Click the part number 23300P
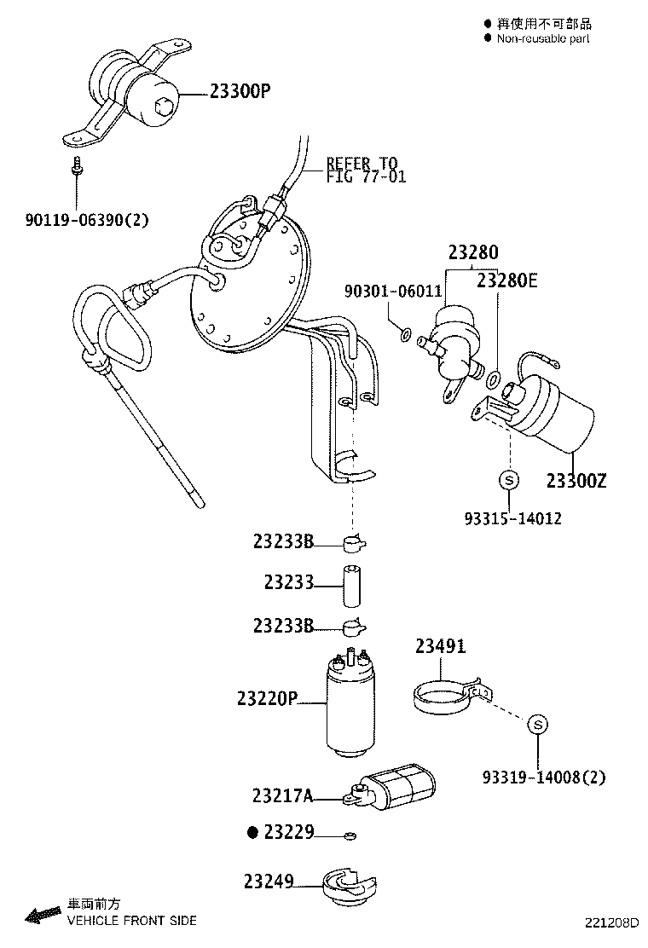click(239, 91)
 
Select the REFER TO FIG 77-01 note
click(366, 170)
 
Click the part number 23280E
click(507, 279)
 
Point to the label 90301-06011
click(393, 292)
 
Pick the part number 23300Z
click(576, 482)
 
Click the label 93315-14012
click(512, 517)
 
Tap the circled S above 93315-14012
click(508, 481)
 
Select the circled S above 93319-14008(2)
click(537, 724)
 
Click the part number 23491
click(441, 647)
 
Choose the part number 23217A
click(282, 796)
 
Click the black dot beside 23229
click(252, 832)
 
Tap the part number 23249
click(269, 881)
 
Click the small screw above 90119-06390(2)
click(78, 167)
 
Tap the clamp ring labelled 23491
click(444, 696)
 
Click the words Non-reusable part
click(543, 38)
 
